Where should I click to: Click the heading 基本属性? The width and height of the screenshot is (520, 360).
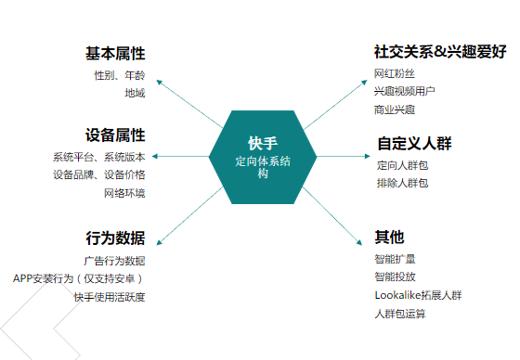(x=115, y=53)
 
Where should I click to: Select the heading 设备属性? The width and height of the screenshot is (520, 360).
(x=115, y=136)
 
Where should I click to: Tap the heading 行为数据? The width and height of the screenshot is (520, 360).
(x=115, y=238)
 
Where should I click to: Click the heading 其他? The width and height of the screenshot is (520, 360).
(x=390, y=237)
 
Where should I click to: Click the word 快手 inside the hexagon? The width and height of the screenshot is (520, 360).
(x=263, y=144)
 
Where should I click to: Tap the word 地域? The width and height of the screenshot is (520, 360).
(x=135, y=94)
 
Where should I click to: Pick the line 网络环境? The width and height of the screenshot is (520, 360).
(x=124, y=193)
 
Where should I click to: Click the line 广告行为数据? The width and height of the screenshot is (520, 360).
(x=114, y=261)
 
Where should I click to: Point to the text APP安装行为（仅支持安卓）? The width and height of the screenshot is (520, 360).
(x=79, y=278)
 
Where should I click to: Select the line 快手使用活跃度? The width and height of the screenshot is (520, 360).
(x=110, y=297)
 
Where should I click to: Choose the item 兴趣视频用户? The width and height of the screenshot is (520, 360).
(x=404, y=91)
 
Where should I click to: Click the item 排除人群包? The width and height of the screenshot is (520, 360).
(x=403, y=184)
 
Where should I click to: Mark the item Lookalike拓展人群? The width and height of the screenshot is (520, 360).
(x=418, y=295)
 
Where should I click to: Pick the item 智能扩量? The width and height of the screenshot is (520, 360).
(x=395, y=259)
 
